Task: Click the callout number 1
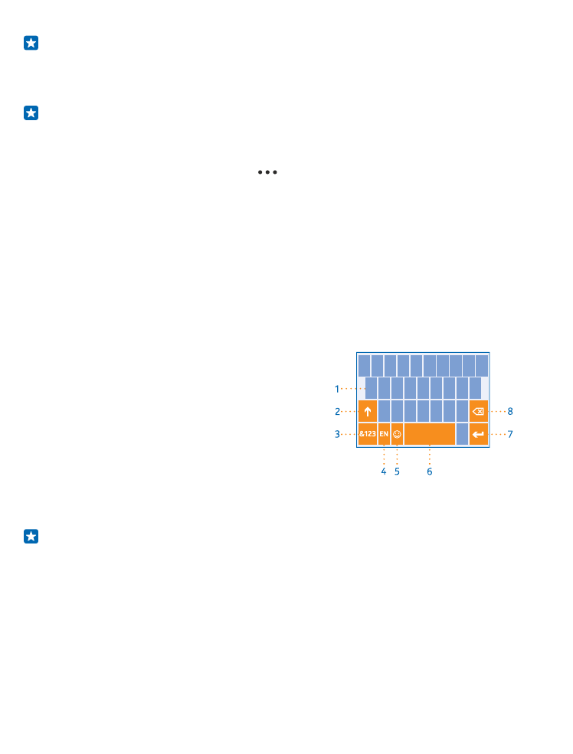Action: (337, 389)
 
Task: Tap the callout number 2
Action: (337, 412)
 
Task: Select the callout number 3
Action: (337, 434)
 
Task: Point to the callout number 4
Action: (384, 472)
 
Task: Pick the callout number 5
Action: (397, 472)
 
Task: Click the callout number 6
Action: (430, 472)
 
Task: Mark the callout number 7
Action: (510, 434)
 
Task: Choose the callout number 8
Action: (510, 412)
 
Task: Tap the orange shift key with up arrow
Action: (368, 411)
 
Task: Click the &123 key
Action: (368, 434)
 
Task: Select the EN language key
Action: (384, 434)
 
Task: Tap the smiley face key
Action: (397, 434)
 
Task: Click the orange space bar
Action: (430, 434)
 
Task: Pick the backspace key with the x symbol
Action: (479, 411)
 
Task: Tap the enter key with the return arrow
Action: (479, 434)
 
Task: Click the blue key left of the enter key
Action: (462, 434)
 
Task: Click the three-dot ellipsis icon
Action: (267, 172)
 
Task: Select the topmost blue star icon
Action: (31, 43)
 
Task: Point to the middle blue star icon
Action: (31, 113)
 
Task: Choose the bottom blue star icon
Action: (31, 536)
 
